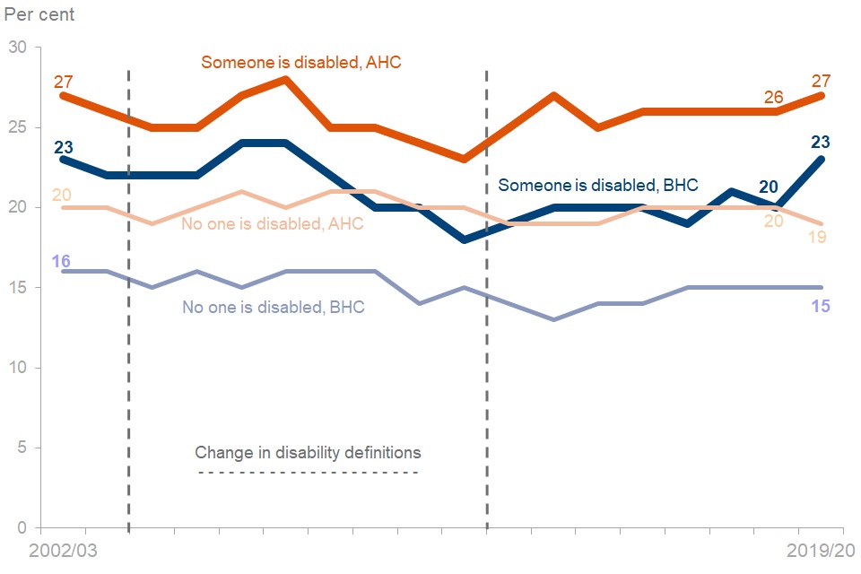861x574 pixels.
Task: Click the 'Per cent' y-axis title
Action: [x=40, y=15]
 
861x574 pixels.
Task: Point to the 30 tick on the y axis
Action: [x=17, y=47]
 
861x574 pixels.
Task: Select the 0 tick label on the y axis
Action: [x=22, y=527]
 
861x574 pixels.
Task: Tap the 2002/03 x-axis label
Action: [x=63, y=550]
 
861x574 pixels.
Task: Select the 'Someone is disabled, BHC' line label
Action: [x=597, y=186]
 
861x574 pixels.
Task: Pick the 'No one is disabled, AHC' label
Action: [x=273, y=223]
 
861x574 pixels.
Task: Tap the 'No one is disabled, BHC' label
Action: [x=273, y=307]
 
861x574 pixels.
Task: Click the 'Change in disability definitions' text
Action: [x=308, y=452]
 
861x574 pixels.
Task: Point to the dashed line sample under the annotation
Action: [x=308, y=473]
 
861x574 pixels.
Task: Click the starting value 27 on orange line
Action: [x=63, y=82]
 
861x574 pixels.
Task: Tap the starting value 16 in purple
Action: [x=62, y=261]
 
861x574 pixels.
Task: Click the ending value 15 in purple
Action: [x=820, y=306]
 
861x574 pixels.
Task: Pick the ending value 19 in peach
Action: [x=820, y=238]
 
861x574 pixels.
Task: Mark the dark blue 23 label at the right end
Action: [x=820, y=141]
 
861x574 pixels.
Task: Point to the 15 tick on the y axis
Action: [x=17, y=288]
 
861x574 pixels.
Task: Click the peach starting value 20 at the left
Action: [x=62, y=195]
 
